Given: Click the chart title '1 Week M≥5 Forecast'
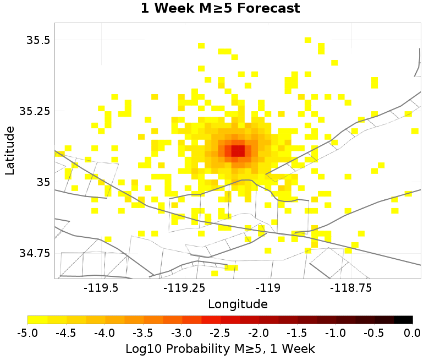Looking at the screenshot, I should click(x=220, y=9).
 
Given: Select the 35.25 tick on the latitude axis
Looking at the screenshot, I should click(x=34, y=111).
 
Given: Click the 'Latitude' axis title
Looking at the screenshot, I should click(x=10, y=150).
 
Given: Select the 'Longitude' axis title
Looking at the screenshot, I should click(x=238, y=304).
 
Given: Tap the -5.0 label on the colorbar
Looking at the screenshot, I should click(x=28, y=333).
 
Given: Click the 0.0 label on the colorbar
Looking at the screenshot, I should click(x=413, y=333).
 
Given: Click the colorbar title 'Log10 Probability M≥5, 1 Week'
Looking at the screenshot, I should click(x=220, y=348).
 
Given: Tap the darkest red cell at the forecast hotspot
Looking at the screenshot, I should click(x=238, y=150).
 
